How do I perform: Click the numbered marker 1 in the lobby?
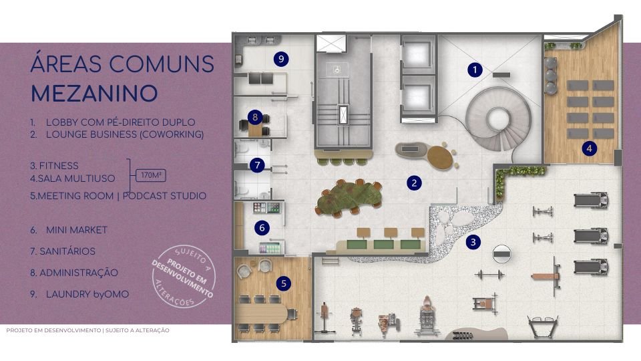tap(475, 70)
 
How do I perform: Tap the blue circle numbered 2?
tap(414, 183)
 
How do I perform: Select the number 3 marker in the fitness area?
tap(473, 242)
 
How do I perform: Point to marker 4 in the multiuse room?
tap(589, 148)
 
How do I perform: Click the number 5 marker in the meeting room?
tap(283, 283)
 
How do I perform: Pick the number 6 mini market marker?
tap(262, 228)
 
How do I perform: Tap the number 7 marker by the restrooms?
tap(257, 165)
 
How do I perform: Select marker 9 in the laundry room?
tap(281, 59)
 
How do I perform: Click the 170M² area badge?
tap(151, 175)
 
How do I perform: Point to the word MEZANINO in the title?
tap(94, 94)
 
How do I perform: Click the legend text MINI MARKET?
tap(76, 230)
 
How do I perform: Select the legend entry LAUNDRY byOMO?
tap(87, 294)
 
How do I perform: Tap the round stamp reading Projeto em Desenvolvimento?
tap(183, 276)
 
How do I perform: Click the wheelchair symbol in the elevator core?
tap(337, 70)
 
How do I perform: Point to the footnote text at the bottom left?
tap(87, 330)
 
